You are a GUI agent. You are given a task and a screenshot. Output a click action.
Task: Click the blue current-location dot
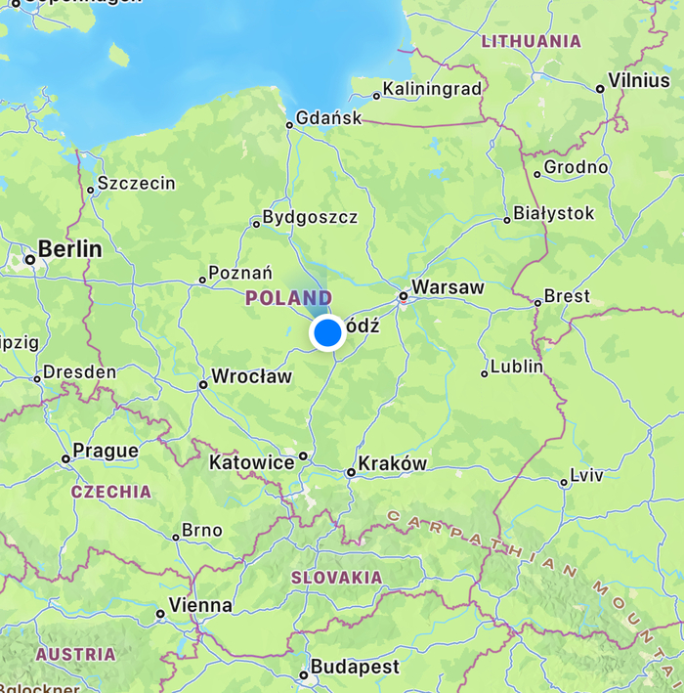[x=327, y=333]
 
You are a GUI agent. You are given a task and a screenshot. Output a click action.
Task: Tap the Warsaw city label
[x=448, y=287]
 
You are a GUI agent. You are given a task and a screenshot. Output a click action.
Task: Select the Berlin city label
[x=69, y=249]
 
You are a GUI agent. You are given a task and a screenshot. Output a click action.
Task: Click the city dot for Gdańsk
[x=289, y=124]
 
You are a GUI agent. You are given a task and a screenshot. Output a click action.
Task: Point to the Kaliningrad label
[x=432, y=89]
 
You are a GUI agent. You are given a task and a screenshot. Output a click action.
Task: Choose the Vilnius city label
[x=639, y=80]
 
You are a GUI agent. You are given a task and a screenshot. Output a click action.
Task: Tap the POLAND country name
[x=288, y=297]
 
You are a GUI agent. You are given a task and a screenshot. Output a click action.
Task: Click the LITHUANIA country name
[x=532, y=41]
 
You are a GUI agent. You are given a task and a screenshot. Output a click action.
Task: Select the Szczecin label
[x=137, y=183]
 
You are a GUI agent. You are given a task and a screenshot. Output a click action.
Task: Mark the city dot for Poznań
[x=203, y=281]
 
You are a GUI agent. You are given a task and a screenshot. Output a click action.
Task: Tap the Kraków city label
[x=393, y=463]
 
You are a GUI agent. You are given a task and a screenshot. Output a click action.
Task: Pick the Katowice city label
[x=251, y=462]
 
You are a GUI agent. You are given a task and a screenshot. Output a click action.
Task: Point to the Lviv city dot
[x=564, y=482]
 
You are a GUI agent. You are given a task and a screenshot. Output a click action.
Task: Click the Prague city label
[x=106, y=451]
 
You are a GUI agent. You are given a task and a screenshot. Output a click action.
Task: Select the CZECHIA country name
[x=111, y=492]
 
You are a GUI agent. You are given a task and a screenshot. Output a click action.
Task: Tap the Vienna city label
[x=200, y=606]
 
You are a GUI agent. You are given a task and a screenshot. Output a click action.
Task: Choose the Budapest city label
[x=355, y=668]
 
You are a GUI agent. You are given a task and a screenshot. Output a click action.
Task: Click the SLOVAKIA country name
[x=337, y=578]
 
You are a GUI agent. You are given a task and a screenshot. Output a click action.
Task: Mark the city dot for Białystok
[x=506, y=220]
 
